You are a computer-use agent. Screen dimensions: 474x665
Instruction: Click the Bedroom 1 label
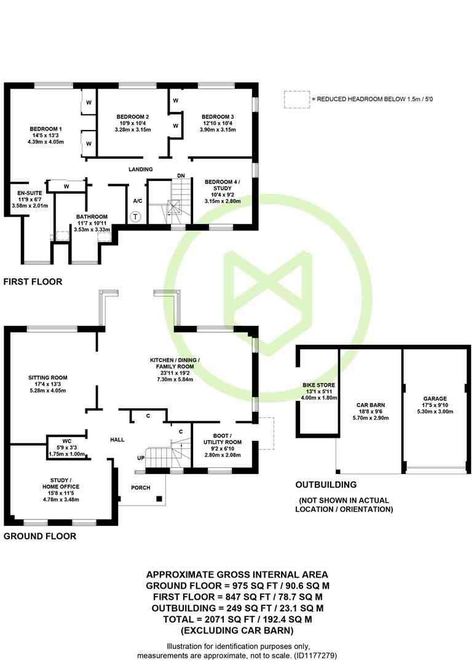[x=45, y=129]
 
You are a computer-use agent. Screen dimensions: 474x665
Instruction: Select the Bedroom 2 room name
[x=133, y=116]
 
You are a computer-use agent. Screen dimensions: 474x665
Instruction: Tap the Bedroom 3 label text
[x=218, y=116]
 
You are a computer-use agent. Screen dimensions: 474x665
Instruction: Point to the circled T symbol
[x=135, y=217]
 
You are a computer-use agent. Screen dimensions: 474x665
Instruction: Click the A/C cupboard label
[x=138, y=201]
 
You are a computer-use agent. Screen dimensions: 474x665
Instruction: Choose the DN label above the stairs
[x=181, y=175]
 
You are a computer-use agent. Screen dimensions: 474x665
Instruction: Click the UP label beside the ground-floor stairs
[x=141, y=459]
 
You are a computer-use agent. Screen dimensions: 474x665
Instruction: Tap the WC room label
[x=67, y=441]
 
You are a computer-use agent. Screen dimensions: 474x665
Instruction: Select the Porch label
[x=141, y=488]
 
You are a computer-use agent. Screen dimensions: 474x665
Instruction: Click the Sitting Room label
[x=48, y=377]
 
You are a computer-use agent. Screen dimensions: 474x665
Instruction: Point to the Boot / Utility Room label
[x=223, y=439]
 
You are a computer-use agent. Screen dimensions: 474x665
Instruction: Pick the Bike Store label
[x=319, y=385]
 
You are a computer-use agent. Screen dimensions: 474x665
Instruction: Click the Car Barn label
[x=371, y=405]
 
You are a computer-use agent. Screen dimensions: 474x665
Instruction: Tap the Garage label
[x=435, y=398]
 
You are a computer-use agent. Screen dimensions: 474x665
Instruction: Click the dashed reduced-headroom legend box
[x=297, y=100]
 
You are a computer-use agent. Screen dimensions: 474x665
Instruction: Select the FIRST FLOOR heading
[x=33, y=281]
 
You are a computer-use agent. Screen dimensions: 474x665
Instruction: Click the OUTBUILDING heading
[x=326, y=485]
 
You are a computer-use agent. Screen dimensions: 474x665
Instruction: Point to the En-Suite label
[x=30, y=193]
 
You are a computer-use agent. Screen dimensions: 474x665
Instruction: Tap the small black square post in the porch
[x=159, y=499]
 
